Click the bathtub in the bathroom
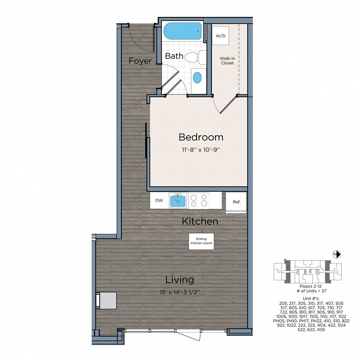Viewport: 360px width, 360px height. coord(182,32)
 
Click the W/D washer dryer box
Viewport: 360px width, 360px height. coord(220,36)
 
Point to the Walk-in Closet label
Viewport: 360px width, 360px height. coord(226,61)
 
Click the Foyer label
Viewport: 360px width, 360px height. coord(139,61)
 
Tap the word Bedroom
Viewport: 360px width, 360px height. coord(201,137)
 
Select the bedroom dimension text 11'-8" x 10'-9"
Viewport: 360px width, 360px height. coord(201,150)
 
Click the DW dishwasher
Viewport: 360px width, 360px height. coord(159,201)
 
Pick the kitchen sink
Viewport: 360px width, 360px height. coord(178,200)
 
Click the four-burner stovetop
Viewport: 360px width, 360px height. coord(198,200)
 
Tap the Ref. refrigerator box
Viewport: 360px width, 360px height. coord(236,202)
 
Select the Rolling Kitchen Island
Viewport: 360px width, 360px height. coord(201,241)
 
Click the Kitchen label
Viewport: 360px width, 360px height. coord(200,221)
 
